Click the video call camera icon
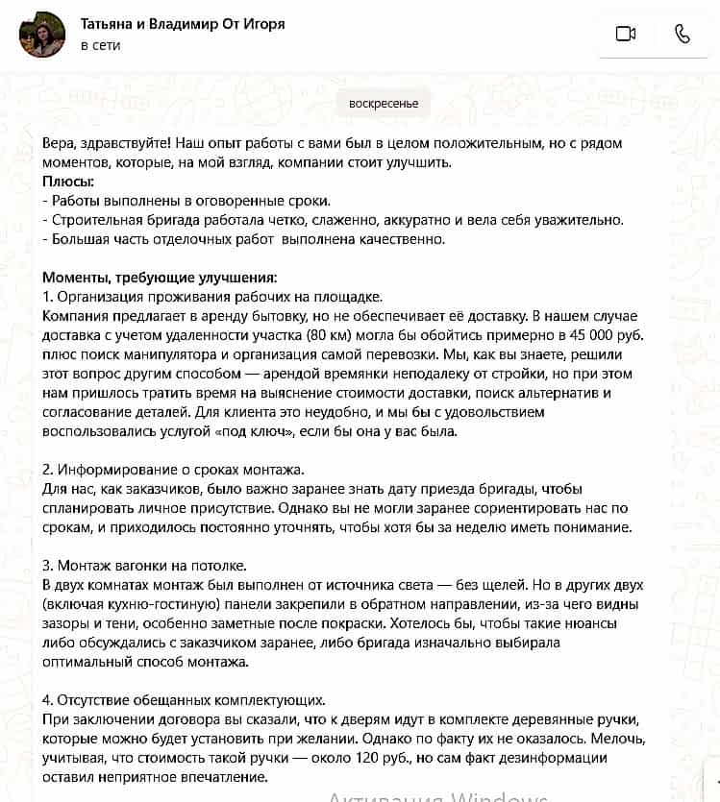(x=626, y=34)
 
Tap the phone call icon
(x=683, y=34)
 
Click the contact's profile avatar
(x=42, y=35)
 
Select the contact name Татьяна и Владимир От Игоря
(x=183, y=24)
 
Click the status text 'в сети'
(x=100, y=45)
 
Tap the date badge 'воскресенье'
(x=384, y=104)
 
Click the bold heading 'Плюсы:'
(x=68, y=181)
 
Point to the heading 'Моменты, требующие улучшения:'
(x=160, y=277)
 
